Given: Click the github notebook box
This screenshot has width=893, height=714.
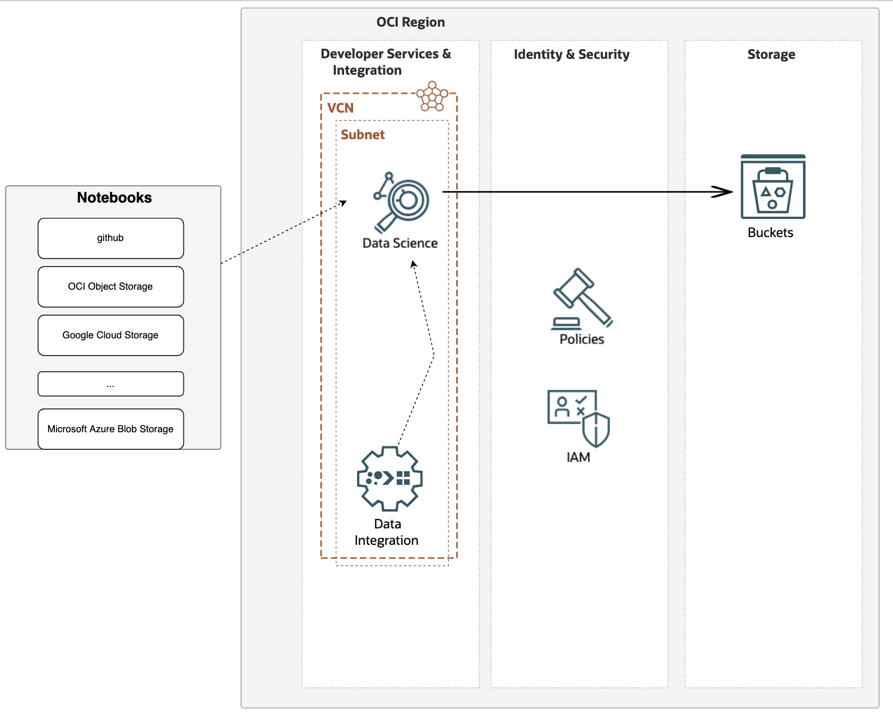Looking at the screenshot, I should click(x=110, y=238).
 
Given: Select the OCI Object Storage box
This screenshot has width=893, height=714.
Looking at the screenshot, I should click(x=110, y=287).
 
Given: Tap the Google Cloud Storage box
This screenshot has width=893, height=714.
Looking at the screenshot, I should click(x=110, y=336).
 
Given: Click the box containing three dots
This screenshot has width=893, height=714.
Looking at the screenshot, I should click(x=110, y=384).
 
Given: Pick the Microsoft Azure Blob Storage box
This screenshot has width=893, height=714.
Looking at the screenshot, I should click(x=110, y=429).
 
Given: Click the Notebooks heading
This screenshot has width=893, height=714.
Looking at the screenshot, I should click(x=114, y=197).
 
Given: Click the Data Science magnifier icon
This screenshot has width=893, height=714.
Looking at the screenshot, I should click(x=402, y=201).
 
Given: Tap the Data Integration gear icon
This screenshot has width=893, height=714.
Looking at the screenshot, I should click(x=389, y=479).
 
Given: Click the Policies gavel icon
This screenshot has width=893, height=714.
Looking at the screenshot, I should click(x=582, y=298).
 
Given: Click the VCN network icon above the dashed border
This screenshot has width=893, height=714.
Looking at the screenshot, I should click(x=432, y=96).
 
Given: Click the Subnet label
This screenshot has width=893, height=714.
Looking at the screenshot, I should click(x=362, y=135).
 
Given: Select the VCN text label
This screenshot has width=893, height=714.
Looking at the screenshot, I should click(x=340, y=108).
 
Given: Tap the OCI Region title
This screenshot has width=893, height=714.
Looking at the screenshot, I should click(x=410, y=22).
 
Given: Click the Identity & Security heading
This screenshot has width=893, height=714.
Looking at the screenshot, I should click(x=571, y=54).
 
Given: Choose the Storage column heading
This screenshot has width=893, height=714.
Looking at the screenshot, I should click(x=771, y=54).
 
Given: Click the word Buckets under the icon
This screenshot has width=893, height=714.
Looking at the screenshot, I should click(x=770, y=233).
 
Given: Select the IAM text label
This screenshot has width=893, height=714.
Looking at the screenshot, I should click(x=578, y=457).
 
